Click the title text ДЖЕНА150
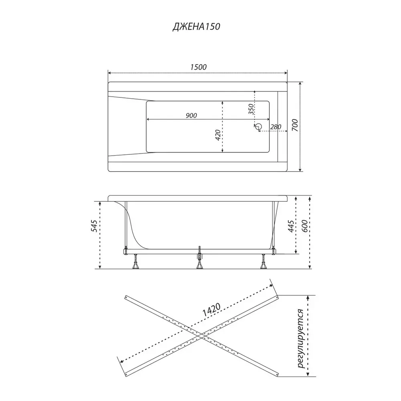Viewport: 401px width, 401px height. click(196, 26)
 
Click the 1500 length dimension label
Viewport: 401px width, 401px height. click(198, 67)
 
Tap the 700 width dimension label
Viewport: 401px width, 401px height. click(295, 125)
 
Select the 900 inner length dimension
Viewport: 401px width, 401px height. click(191, 115)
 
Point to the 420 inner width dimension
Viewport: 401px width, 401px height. click(218, 135)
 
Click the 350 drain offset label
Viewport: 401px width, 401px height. click(251, 109)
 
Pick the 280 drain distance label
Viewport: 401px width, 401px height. click(275, 127)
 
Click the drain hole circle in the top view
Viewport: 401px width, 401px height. click(259, 126)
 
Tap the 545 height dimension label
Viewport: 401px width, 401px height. click(94, 225)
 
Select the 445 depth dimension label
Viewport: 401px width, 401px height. click(291, 226)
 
